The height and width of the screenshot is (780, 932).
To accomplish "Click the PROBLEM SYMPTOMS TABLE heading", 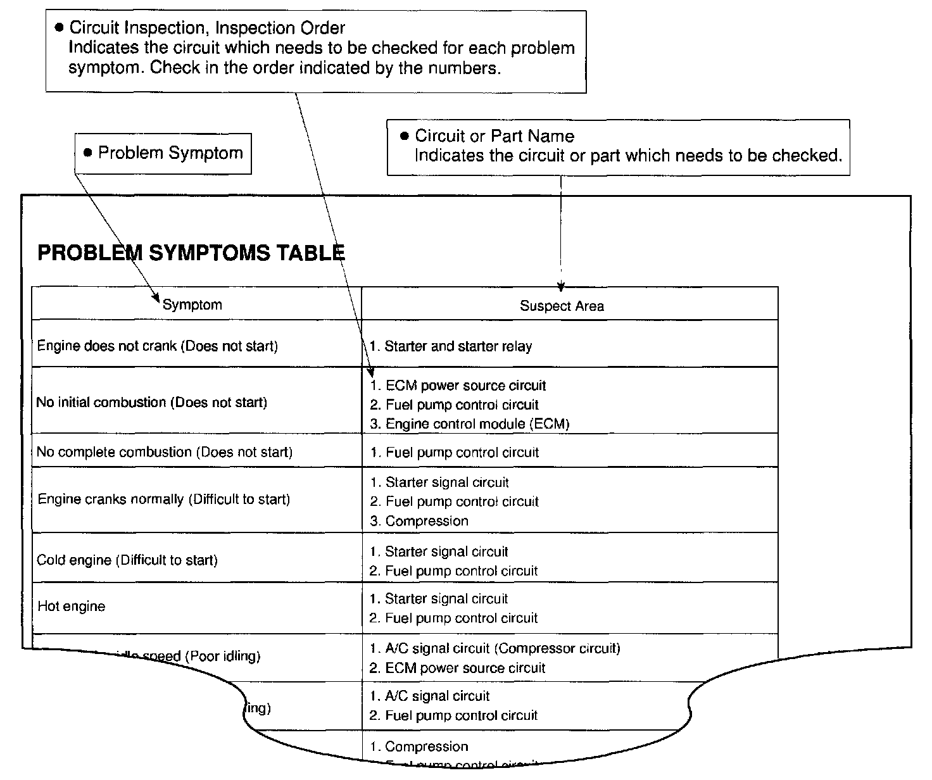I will tap(191, 253).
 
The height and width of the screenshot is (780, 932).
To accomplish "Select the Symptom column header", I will tap(192, 305).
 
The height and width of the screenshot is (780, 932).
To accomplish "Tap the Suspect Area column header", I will tap(562, 306).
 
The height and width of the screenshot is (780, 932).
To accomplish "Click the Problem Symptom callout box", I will tap(163, 153).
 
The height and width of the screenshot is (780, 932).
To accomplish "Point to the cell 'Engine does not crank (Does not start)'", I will tap(157, 346).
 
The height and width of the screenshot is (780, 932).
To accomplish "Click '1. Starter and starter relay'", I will tap(450, 346).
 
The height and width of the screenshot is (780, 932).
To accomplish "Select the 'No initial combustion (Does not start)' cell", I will tap(152, 402).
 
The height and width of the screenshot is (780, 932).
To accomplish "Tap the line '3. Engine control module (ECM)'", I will tap(469, 424).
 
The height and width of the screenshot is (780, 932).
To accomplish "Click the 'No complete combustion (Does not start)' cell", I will tap(165, 452).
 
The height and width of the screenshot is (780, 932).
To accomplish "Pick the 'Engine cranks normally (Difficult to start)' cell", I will tap(163, 500).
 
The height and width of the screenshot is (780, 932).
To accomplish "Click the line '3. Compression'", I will tap(419, 521).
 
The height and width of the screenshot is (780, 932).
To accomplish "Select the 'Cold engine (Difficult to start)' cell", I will tap(127, 560).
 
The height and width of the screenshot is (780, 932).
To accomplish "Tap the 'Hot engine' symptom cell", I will tap(72, 607).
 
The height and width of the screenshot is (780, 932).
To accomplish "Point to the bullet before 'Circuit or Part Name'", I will tap(405, 136).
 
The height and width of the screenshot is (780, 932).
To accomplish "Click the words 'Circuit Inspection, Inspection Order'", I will tap(207, 28).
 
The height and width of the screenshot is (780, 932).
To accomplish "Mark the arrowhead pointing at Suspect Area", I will tap(561, 287).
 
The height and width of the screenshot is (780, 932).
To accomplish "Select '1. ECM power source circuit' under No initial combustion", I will tap(458, 386).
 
